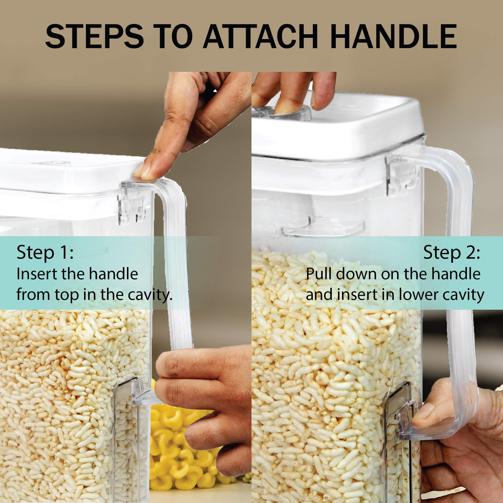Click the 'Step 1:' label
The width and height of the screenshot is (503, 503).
(45, 252)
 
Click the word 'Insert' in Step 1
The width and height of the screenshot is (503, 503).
(37, 274)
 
